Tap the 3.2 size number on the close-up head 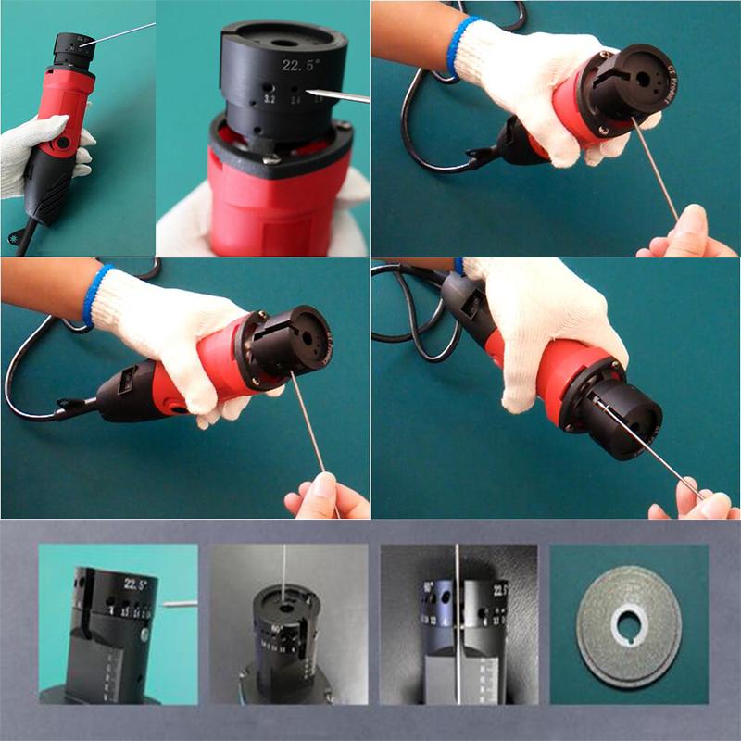tap(270, 96)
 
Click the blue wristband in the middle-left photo tap(97, 295)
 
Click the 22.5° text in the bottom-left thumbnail tap(136, 584)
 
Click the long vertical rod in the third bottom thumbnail tap(457, 630)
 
